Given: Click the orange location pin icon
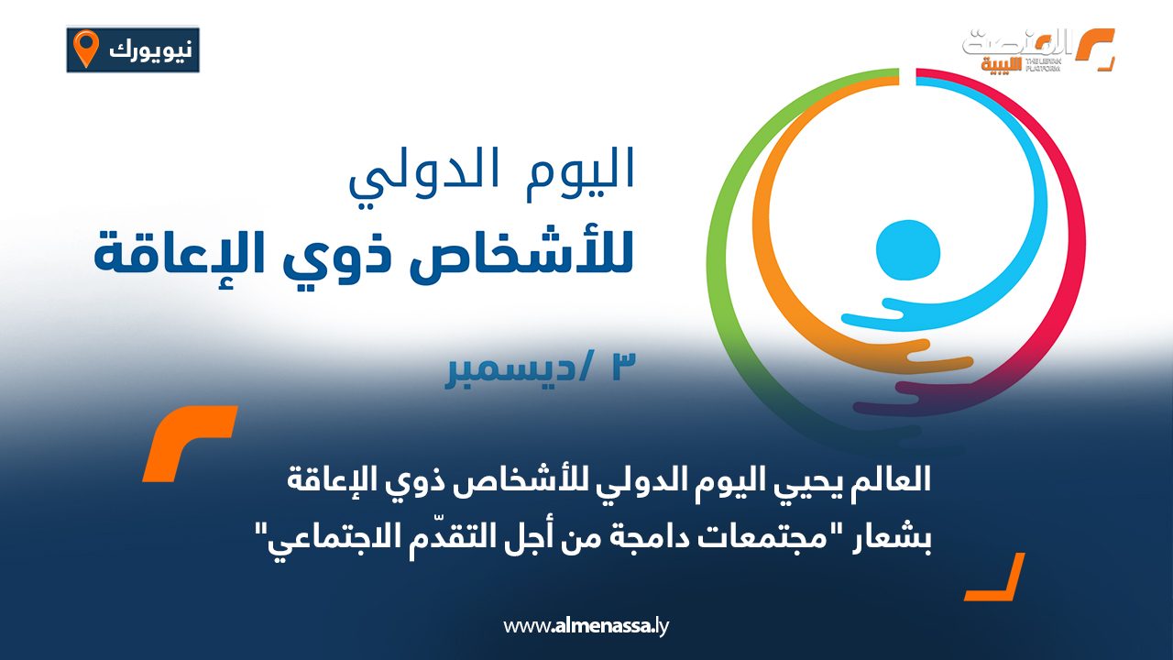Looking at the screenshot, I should coord(86,49).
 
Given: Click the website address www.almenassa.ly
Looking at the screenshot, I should coord(586,627).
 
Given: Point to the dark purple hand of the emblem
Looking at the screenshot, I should coord(916,401).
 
